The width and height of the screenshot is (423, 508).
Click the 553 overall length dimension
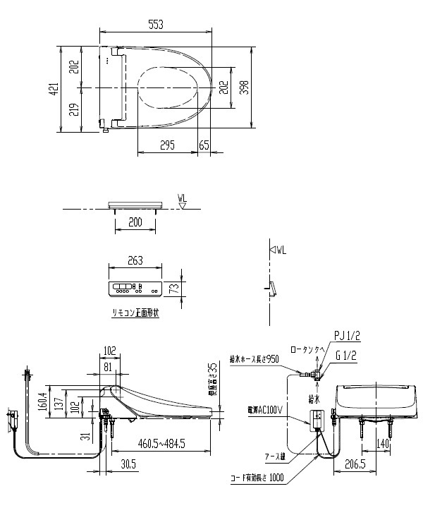tap(157, 24)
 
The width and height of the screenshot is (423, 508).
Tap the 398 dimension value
tap(243, 87)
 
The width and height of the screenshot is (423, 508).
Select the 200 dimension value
tap(135, 222)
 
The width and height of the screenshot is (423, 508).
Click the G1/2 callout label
tap(345, 356)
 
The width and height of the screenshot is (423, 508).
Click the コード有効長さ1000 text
tap(256, 478)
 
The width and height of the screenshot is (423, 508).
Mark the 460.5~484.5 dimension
tap(162, 443)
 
